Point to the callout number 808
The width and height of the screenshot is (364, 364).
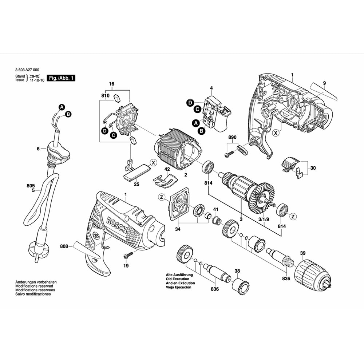pyautogui.click(x=64, y=246)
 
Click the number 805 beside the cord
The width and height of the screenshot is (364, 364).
pyautogui.click(x=31, y=186)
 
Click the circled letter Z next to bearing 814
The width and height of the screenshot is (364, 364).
pyautogui.click(x=292, y=217)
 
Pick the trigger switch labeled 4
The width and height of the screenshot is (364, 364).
pyautogui.click(x=217, y=114)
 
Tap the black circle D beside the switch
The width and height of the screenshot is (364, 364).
pyautogui.click(x=190, y=103)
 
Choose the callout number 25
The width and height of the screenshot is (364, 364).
pyautogui.click(x=136, y=185)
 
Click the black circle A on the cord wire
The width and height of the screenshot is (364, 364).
pyautogui.click(x=62, y=107)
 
